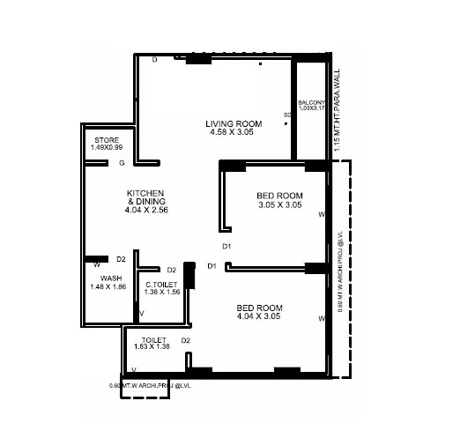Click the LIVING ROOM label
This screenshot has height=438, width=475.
[235, 122]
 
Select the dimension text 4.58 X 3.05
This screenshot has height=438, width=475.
[235, 132]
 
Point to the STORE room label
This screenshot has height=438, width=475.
[106, 139]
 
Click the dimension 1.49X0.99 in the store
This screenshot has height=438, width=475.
[107, 148]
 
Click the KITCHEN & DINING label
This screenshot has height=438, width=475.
[146, 197]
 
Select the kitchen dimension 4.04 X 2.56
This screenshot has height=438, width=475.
[146, 211]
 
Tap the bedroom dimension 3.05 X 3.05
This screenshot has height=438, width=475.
[279, 204]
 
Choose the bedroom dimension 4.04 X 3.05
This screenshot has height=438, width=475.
[259, 316]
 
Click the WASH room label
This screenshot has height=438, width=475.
[110, 278]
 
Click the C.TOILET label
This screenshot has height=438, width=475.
[161, 283]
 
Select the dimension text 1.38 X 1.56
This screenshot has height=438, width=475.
[161, 292]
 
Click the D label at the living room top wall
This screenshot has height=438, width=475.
[154, 60]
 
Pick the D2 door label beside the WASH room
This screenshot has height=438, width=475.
[122, 259]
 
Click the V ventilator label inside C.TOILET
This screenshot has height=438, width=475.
[142, 313]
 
